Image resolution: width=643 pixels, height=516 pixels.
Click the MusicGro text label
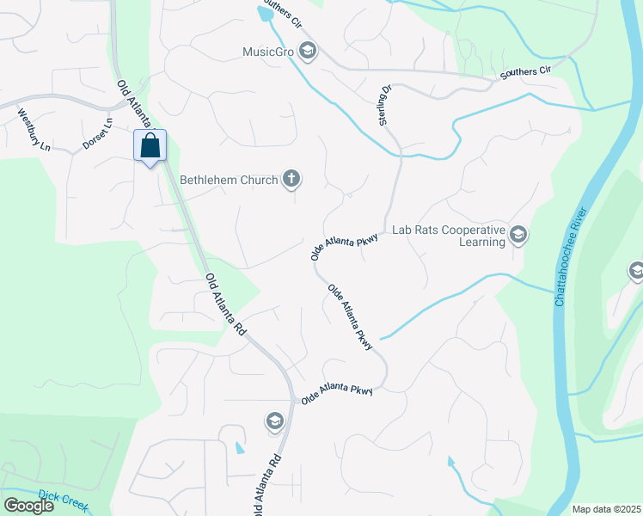[267, 52]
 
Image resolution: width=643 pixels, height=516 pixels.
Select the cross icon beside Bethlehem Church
[292, 180]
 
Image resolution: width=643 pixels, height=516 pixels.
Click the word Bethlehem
[211, 181]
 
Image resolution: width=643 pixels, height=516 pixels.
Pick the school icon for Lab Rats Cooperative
[518, 235]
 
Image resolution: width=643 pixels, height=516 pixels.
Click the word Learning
[481, 243]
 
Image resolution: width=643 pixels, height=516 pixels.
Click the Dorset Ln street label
[98, 135]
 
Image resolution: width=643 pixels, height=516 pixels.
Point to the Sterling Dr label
[385, 105]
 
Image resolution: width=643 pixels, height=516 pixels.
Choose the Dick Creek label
[63, 501]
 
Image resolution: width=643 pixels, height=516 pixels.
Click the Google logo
[28, 506]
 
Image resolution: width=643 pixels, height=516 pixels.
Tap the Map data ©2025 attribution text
[606, 509]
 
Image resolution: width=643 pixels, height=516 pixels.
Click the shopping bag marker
[150, 146]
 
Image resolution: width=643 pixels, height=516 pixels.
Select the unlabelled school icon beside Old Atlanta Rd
[274, 421]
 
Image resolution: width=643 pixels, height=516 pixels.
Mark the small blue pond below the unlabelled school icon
[239, 448]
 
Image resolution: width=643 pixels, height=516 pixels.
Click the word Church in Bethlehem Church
[260, 181]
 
